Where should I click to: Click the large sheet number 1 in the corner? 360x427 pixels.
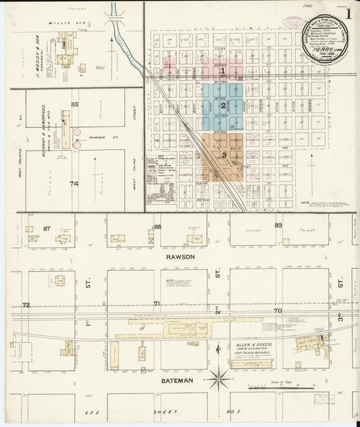click(x=348, y=12)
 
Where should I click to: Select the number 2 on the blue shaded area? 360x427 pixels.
click(x=223, y=105)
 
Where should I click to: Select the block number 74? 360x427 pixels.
click(x=74, y=183)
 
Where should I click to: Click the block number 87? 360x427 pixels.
click(x=47, y=228)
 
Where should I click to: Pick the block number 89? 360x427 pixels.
click(x=278, y=225)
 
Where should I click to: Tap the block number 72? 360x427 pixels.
click(x=26, y=305)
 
